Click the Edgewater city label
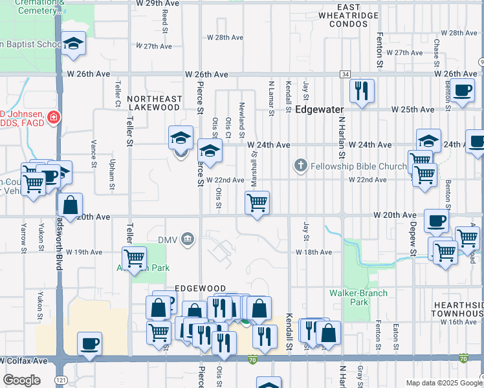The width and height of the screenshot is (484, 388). point(319,110)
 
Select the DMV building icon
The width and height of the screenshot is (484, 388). point(188,240)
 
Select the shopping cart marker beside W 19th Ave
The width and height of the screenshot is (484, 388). point(134,257)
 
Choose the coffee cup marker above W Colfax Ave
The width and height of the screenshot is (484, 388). point(89,343)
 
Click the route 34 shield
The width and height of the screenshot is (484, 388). point(345,74)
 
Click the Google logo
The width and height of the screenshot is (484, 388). point(21,380)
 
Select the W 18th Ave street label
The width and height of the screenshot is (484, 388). point(314,252)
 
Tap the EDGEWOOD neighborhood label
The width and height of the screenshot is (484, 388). point(200,288)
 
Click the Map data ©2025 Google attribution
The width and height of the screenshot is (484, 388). point(443,383)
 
